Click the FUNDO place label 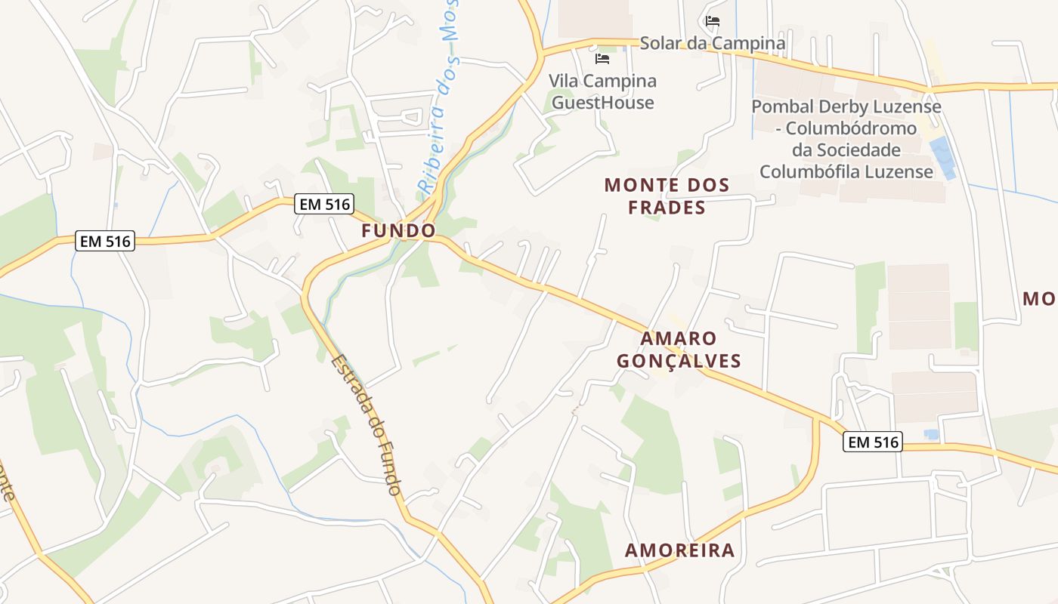coord(398,231)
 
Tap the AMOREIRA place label coord(679,550)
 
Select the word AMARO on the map coord(678,338)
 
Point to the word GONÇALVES coord(679,361)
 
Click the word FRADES coord(667,208)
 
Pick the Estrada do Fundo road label coord(366,425)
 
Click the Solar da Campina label coord(713,43)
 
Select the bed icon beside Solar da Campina coord(713,21)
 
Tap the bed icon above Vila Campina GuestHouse coord(602,58)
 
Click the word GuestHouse coord(602,103)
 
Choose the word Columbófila coord(812,172)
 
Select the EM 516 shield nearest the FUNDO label coord(324,204)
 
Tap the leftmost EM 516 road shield coord(105,242)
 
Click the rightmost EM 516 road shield coord(873,442)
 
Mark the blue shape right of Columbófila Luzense coord(943,158)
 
